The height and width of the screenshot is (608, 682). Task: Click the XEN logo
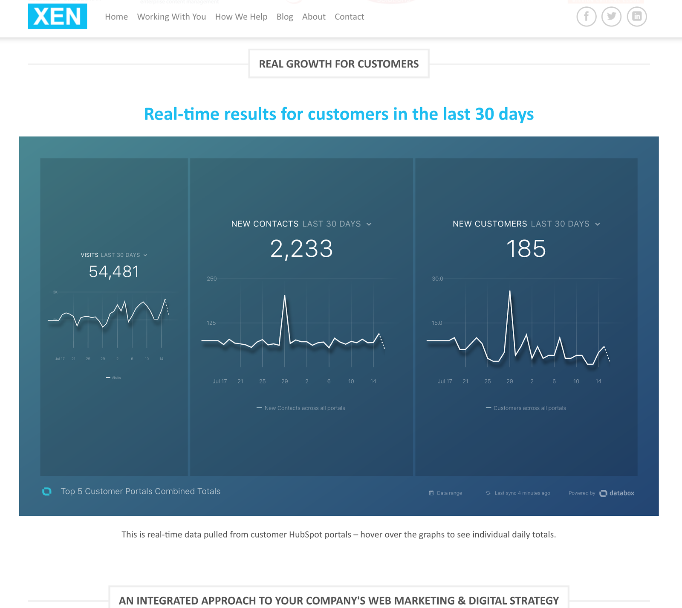coord(57,16)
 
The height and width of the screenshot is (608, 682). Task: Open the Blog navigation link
coord(285,17)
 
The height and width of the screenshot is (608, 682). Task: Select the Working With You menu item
coord(171,17)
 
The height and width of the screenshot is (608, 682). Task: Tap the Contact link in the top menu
coord(349,17)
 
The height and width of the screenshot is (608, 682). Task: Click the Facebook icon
coord(587,16)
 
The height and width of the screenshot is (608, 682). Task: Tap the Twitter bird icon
coord(611,16)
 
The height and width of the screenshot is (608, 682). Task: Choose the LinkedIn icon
coord(637,16)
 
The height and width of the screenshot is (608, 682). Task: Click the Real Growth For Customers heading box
coord(339,64)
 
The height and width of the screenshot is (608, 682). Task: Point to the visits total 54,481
coord(114,272)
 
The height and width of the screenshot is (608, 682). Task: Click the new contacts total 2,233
coord(301,249)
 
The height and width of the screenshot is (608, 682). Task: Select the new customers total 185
coord(526,249)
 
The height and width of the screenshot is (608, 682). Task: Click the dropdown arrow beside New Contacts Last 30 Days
coord(369,224)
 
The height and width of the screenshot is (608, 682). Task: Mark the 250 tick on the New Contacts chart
coord(212,279)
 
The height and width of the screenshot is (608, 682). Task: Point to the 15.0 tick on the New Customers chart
coord(437,323)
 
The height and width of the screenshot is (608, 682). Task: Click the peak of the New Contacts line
coord(285,295)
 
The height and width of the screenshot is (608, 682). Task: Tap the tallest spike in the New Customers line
coord(509,291)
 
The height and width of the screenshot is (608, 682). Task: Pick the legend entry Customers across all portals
coord(529,408)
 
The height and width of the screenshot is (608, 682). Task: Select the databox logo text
coord(621,493)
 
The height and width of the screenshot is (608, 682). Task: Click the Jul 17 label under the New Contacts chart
coord(220,381)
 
